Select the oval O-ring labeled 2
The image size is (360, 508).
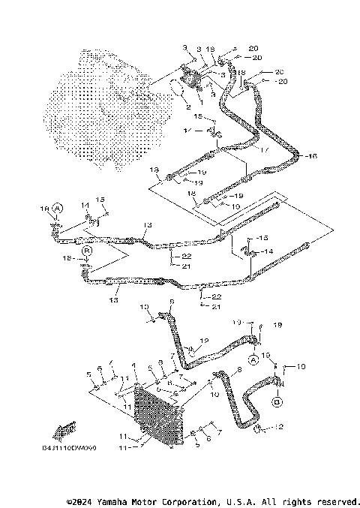pyautogui.click(x=178, y=88)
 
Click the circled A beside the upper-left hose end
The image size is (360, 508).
pyautogui.click(x=58, y=207)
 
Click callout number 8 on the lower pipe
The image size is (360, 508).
pyautogui.click(x=238, y=369)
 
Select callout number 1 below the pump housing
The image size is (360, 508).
pyautogui.click(x=200, y=100)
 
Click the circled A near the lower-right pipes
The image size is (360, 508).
pyautogui.click(x=253, y=360)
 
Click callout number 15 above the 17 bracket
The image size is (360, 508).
pyautogui.click(x=198, y=117)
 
